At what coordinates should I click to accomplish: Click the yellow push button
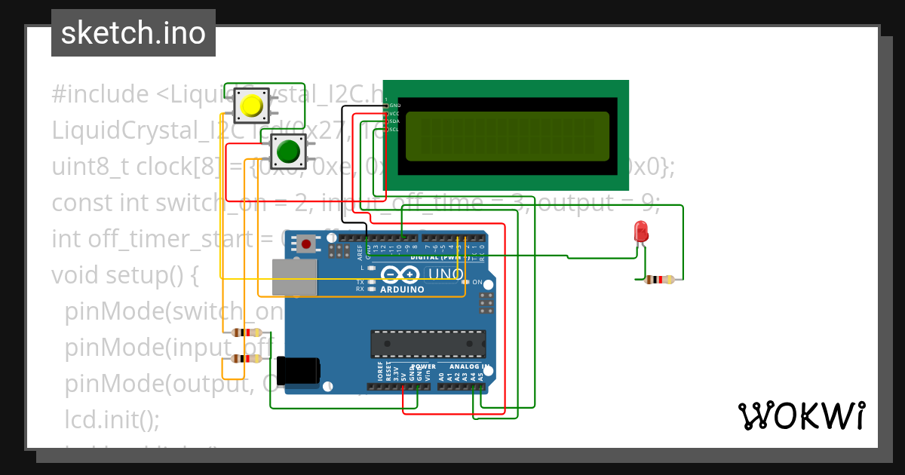[251, 106]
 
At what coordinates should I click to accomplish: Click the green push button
[288, 152]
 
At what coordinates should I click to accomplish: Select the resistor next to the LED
[660, 280]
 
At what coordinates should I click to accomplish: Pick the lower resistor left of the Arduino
[244, 359]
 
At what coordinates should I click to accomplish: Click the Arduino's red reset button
[307, 244]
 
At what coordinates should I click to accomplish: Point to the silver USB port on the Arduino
[294, 277]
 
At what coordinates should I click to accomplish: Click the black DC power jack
[298, 371]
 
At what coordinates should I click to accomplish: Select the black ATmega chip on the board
[428, 343]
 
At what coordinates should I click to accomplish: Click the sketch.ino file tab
[133, 33]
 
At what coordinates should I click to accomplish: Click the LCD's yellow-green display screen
[507, 136]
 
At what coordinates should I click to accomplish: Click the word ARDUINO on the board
[402, 290]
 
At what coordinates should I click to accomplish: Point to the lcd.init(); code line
[112, 419]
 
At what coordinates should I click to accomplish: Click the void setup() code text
[124, 275]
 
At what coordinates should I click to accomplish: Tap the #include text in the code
[100, 95]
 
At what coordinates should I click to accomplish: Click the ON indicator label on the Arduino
[477, 282]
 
